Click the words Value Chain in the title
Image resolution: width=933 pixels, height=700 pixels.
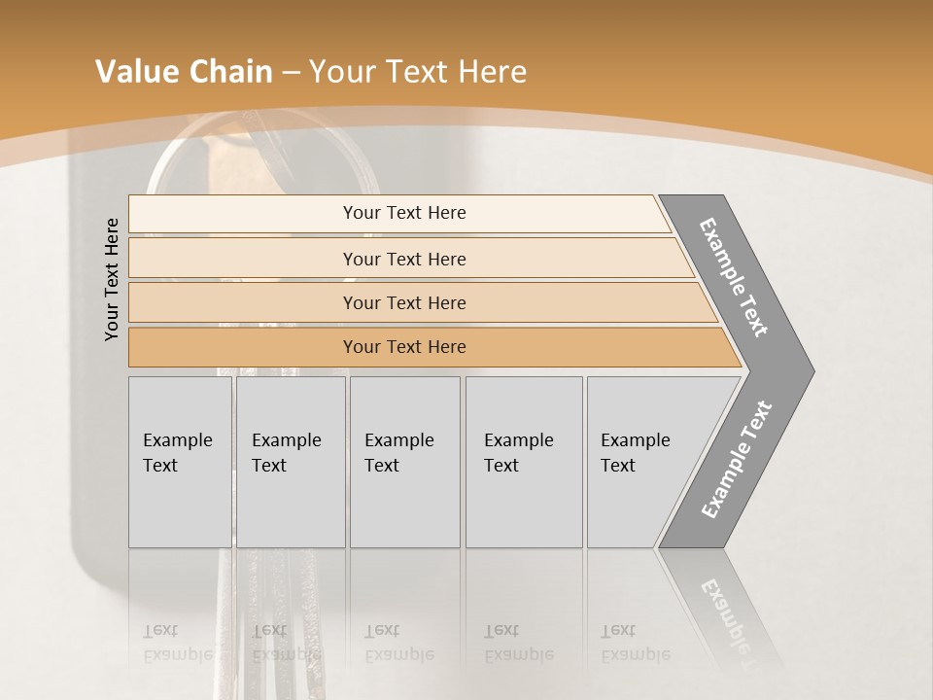pos(184,72)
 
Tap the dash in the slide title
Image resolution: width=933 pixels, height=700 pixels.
pos(291,73)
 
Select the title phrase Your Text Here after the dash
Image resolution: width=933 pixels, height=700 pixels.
pos(418,72)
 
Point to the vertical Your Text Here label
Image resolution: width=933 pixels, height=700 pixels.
pos(112,279)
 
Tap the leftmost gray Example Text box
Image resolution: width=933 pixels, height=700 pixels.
pos(180,462)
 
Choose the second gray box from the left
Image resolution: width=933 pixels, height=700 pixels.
pos(291,462)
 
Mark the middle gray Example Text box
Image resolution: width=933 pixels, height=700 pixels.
pos(404,462)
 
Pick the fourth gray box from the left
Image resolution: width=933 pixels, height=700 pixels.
pos(524,462)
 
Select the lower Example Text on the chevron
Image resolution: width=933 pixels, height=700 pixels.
pos(736,459)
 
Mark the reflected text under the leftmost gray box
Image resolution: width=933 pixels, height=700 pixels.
pos(177,643)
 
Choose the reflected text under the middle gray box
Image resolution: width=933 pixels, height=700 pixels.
pos(398,643)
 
